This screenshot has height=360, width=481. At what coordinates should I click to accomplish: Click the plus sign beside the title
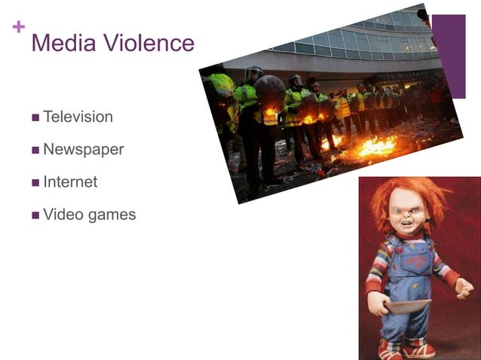[19, 27]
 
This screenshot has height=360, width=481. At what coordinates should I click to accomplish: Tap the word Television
[78, 117]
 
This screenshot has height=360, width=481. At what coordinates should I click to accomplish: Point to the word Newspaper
[83, 149]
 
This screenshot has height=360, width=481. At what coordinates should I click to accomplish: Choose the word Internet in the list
[70, 182]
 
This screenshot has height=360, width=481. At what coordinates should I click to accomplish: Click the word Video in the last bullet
[63, 214]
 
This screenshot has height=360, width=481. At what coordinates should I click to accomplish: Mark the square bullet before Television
[35, 118]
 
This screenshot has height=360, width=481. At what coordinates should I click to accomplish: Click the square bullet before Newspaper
[35, 151]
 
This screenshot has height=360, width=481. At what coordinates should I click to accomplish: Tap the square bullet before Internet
[35, 183]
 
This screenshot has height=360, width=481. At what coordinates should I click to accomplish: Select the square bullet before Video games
[35, 215]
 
